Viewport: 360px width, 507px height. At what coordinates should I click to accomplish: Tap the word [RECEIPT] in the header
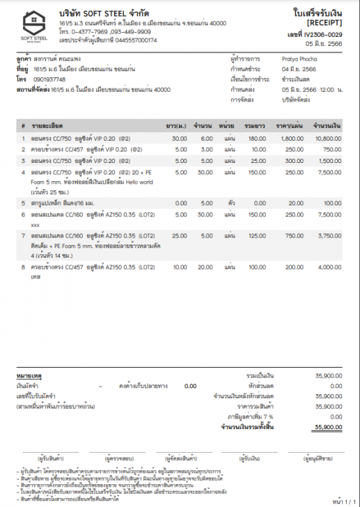pos(324,24)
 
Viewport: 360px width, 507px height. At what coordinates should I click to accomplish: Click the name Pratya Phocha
pos(299,61)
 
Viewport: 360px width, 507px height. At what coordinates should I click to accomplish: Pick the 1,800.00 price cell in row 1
pos(292,139)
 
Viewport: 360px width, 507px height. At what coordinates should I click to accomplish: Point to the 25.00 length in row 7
pos(180,235)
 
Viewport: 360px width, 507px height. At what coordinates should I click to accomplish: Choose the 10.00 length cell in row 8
pos(180,267)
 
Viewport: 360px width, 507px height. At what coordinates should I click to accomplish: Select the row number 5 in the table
pos(23,203)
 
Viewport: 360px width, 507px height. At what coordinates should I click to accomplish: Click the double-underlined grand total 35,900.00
pos(329,427)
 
